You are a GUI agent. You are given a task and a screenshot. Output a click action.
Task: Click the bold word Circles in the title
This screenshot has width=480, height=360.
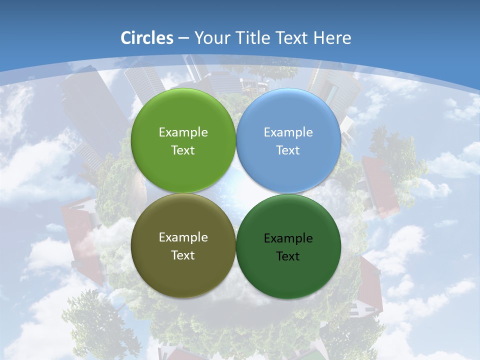[147, 38]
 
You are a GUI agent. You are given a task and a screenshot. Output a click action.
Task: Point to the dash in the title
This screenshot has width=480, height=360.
[183, 38]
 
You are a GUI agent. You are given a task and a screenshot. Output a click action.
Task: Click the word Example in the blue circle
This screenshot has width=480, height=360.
[288, 132]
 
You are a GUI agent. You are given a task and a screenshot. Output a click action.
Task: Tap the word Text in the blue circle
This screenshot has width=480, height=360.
[288, 150]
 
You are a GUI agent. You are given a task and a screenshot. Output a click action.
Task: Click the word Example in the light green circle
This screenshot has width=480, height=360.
[183, 132]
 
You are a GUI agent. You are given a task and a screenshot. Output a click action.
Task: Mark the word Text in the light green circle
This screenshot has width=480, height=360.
[183, 150]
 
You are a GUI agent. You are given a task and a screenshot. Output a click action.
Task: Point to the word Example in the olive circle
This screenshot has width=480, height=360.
[183, 237]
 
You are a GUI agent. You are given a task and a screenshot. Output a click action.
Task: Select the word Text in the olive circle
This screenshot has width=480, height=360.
[183, 255]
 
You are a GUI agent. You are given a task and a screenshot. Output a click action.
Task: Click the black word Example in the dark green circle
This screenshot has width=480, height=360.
[288, 238]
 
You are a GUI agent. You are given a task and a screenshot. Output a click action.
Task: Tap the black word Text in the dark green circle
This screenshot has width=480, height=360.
[288, 256]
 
